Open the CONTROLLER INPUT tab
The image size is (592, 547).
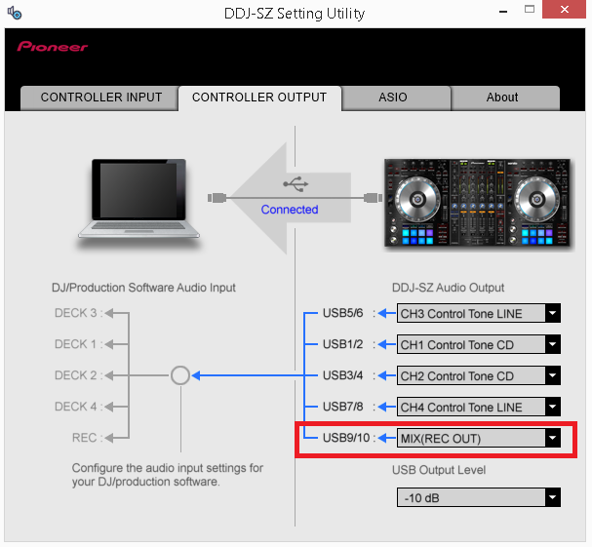tap(99, 98)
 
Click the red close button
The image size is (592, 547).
tap(564, 9)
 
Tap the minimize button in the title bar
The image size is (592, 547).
tap(503, 12)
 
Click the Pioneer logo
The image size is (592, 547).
tap(52, 47)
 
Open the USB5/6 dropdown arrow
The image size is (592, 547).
tap(553, 313)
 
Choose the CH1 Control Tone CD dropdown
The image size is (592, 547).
tap(478, 344)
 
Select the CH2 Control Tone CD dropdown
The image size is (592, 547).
tap(478, 375)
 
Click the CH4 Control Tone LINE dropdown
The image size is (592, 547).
tap(478, 407)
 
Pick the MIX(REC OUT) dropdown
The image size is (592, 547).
tap(478, 438)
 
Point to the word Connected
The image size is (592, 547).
tap(290, 209)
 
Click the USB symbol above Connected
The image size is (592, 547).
tap(296, 184)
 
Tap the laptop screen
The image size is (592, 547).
tap(138, 190)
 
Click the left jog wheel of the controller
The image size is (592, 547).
tap(417, 199)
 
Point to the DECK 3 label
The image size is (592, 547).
tap(75, 313)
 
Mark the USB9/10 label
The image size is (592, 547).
tap(346, 438)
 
